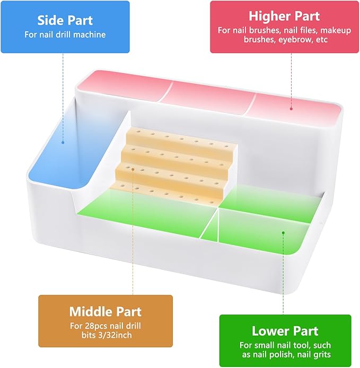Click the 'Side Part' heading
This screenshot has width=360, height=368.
65,20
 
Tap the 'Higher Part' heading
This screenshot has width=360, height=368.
284,16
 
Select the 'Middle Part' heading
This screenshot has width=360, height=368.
106,312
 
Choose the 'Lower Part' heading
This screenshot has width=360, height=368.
285,331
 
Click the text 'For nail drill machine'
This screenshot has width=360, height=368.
65,35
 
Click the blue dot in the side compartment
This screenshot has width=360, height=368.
63,143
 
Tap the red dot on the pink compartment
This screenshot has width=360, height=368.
291,109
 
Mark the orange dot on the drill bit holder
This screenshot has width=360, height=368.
133,169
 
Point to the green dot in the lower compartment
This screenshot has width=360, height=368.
283,233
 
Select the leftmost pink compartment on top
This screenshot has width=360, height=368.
125,86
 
